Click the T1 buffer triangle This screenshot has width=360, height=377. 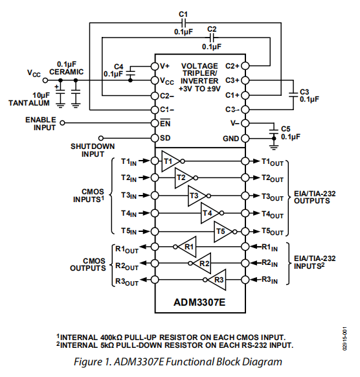click(x=170, y=161)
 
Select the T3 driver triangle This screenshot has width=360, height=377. click(x=196, y=196)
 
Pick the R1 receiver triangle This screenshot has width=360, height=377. click(x=187, y=246)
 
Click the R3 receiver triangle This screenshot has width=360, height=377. click(x=217, y=280)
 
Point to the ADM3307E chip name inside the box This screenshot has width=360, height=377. click(x=199, y=302)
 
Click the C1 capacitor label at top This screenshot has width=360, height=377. click(x=183, y=14)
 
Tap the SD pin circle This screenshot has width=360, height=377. click(x=155, y=138)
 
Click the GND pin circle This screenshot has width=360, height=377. click(x=245, y=139)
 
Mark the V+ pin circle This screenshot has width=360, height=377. click(x=155, y=66)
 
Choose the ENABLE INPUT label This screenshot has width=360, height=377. click(x=41, y=124)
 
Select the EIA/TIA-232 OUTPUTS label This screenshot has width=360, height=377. click(x=315, y=196)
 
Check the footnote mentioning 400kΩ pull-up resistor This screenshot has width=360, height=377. click(x=171, y=337)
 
